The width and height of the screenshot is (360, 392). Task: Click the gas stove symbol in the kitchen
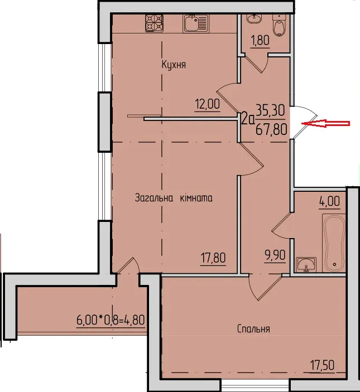154,23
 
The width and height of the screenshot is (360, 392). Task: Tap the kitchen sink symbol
196,23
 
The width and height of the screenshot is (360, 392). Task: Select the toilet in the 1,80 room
279,26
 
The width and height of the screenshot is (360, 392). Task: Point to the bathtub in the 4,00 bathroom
334,243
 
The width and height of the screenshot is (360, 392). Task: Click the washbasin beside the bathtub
306,265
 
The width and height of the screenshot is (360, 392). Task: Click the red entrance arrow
326,123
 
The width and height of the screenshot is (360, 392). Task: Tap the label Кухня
174,65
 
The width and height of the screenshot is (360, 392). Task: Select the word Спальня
253,329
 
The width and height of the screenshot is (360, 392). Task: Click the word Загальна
154,198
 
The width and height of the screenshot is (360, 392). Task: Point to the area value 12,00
208,104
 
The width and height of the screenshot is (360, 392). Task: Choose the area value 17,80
213,258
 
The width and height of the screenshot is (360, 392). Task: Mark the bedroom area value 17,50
322,365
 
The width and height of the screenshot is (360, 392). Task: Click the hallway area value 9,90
275,255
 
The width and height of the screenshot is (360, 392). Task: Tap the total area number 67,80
271,130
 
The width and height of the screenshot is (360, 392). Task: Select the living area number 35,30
271,110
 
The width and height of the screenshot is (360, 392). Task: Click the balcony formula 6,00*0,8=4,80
111,320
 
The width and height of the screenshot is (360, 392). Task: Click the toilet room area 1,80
261,40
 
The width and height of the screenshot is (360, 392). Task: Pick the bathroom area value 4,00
329,201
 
